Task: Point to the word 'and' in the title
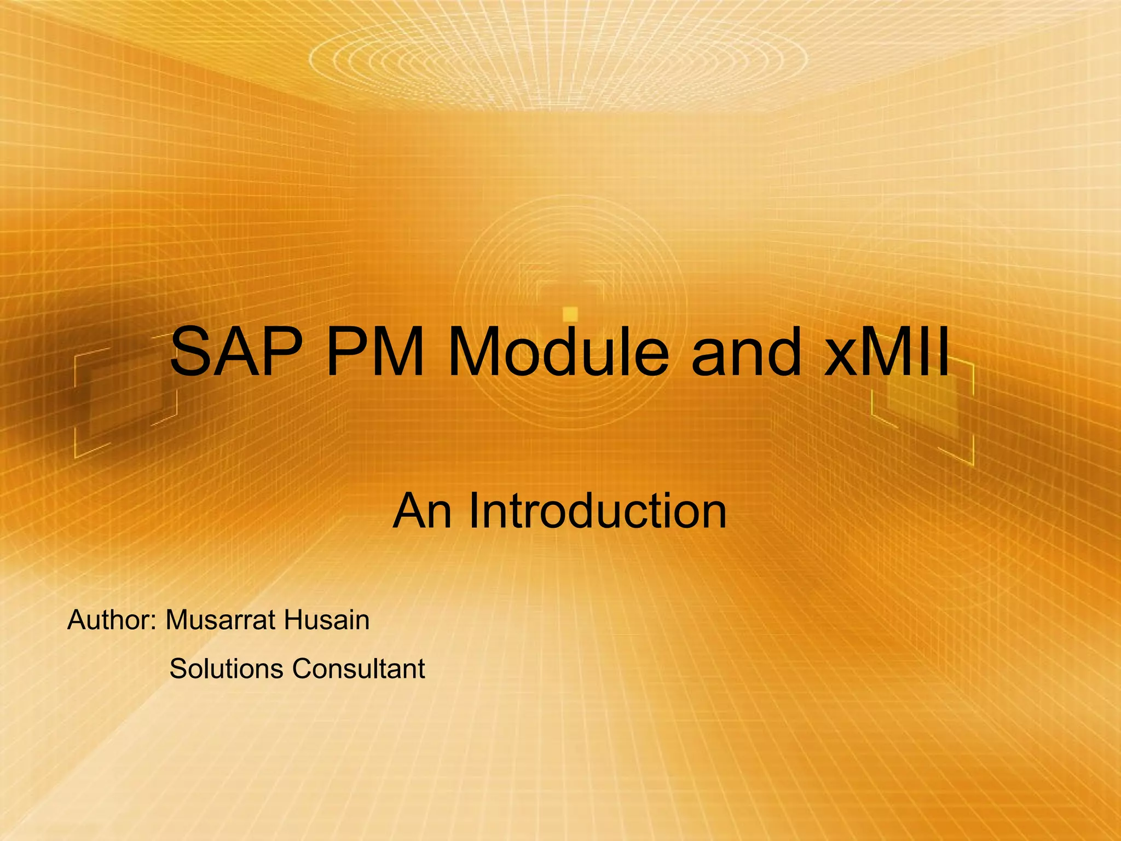click(x=746, y=352)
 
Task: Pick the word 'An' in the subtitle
click(x=422, y=511)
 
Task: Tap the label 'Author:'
click(x=112, y=620)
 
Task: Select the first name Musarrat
click(x=221, y=620)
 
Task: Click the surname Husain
click(x=327, y=620)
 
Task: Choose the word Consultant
click(x=359, y=669)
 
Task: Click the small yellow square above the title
click(x=570, y=314)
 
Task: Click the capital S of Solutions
click(x=178, y=669)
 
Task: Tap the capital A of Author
click(x=78, y=620)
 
